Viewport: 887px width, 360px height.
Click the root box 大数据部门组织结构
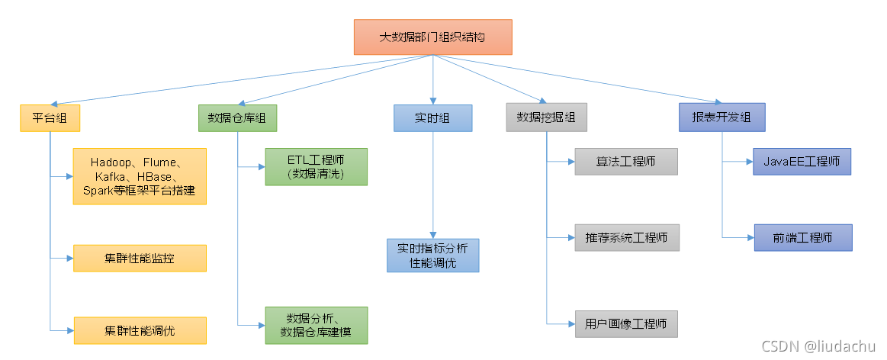pyautogui.click(x=433, y=37)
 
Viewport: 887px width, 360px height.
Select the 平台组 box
pyautogui.click(x=50, y=118)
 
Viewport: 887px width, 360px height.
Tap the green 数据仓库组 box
pyautogui.click(x=237, y=118)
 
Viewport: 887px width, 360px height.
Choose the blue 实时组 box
pyautogui.click(x=432, y=118)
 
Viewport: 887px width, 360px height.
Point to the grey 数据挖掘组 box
pyautogui.click(x=546, y=118)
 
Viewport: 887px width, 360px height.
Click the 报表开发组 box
pyautogui.click(x=721, y=118)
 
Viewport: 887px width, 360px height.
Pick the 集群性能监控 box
pyautogui.click(x=140, y=259)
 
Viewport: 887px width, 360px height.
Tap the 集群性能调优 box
pyautogui.click(x=140, y=330)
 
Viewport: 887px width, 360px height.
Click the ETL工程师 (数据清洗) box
pyautogui.click(x=316, y=167)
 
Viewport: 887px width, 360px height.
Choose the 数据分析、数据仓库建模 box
pyautogui.click(x=316, y=325)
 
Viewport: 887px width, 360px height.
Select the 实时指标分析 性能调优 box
pyautogui.click(x=432, y=255)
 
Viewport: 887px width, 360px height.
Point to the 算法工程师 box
pyautogui.click(x=626, y=162)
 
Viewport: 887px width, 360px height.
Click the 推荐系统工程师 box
pyautogui.click(x=626, y=238)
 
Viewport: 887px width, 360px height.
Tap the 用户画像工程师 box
pyautogui.click(x=626, y=323)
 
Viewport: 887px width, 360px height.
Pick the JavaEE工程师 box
pyautogui.click(x=802, y=162)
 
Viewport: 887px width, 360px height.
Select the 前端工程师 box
pyautogui.click(x=802, y=238)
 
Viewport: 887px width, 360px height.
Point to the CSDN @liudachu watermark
pyautogui.click(x=811, y=346)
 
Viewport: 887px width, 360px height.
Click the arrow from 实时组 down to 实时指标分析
pyautogui.click(x=432, y=183)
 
